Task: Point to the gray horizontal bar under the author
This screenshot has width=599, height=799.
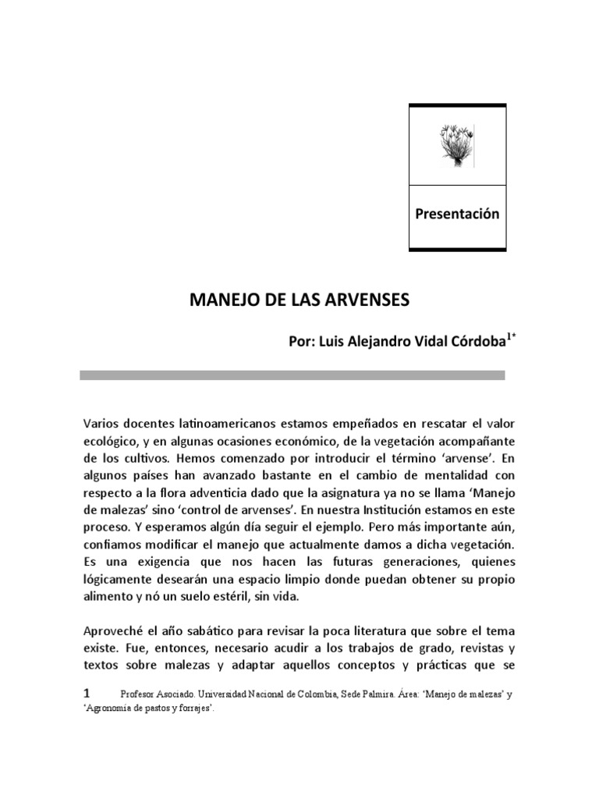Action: [292, 375]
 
